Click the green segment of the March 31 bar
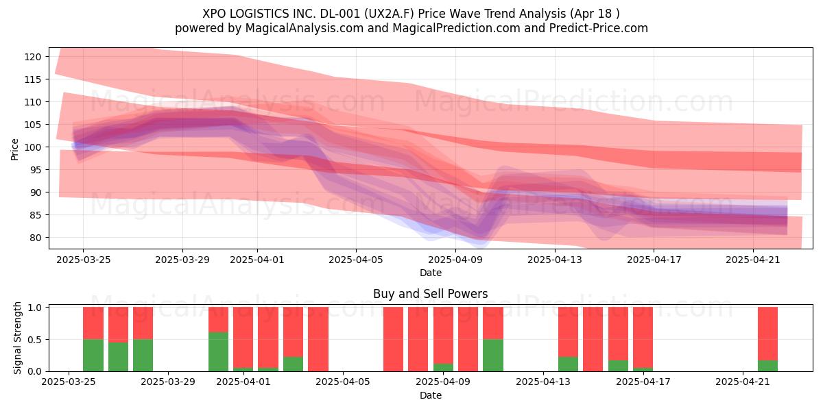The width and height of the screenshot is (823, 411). pos(218,351)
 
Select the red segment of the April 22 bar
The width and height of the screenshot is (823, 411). pos(767,334)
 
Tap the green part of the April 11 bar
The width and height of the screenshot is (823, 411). pos(492,356)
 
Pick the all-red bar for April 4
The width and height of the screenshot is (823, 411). pos(318,339)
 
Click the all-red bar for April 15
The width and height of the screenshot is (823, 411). pos(593,339)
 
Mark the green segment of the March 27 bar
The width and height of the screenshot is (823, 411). pos(118,357)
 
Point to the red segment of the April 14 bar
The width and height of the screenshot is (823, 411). pos(568,332)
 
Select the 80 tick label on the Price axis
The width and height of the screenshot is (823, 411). pos(35,238)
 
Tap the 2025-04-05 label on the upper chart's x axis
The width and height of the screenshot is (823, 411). pos(356,260)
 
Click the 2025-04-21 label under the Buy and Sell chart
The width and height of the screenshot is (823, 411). pos(743,382)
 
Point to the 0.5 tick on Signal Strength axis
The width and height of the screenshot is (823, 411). pos(34,340)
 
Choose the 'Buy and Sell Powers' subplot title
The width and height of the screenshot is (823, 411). pos(430,294)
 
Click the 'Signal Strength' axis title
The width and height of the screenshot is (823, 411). pos(17,338)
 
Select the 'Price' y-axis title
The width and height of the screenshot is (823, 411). pos(14,149)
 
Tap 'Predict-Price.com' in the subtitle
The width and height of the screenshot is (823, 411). pos(599,28)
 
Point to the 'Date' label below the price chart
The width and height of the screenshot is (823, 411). pos(431,273)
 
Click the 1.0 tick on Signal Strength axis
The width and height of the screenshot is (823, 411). pos(34,307)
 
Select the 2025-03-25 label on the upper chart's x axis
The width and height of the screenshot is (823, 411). pos(84,260)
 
